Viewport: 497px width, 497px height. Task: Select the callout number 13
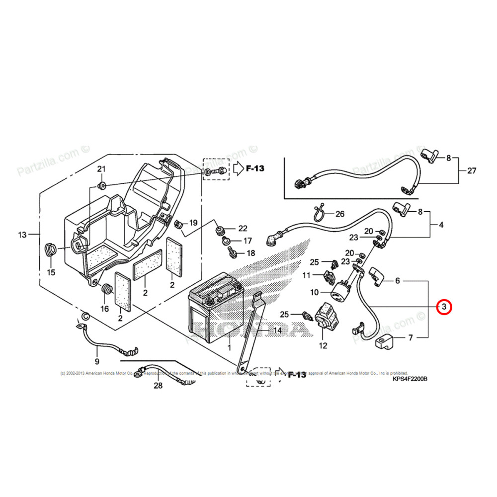(21, 234)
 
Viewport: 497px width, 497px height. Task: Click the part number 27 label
(471, 171)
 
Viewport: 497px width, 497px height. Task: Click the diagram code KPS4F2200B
(410, 379)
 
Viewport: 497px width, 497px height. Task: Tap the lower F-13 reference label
(296, 375)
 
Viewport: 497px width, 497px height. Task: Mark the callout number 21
(101, 169)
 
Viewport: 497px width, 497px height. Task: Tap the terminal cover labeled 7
(385, 342)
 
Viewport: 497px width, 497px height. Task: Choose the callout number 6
(398, 281)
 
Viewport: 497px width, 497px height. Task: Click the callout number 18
(250, 253)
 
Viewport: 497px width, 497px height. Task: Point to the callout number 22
(243, 229)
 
